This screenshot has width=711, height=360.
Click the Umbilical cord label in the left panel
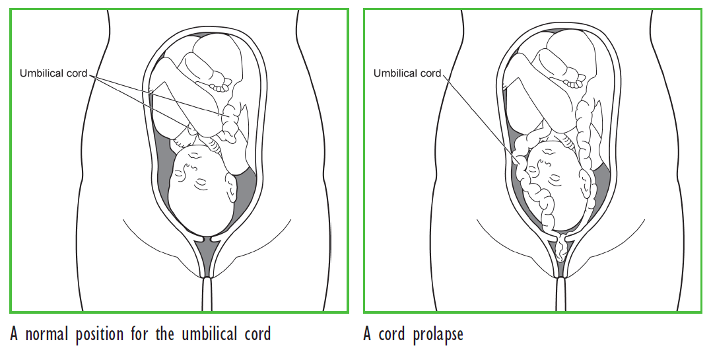pyautogui.click(x=54, y=73)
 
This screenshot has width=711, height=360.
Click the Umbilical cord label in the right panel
pyautogui.click(x=407, y=73)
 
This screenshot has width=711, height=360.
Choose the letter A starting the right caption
pyautogui.click(x=368, y=334)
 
